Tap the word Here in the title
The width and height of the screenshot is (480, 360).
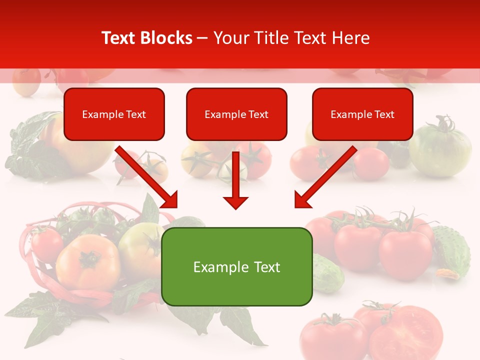click(352, 38)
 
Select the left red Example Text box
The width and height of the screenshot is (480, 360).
click(114, 114)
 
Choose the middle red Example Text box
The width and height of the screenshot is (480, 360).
click(236, 114)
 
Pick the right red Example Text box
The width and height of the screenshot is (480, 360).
click(362, 114)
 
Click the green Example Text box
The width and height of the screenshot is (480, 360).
click(236, 266)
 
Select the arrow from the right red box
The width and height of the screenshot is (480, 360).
click(325, 177)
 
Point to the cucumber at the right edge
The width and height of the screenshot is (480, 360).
click(452, 250)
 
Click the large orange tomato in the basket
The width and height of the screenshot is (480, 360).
click(87, 262)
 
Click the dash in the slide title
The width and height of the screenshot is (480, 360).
click(203, 38)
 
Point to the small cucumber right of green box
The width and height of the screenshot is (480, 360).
click(327, 272)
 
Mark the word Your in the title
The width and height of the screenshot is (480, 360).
click(229, 38)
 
